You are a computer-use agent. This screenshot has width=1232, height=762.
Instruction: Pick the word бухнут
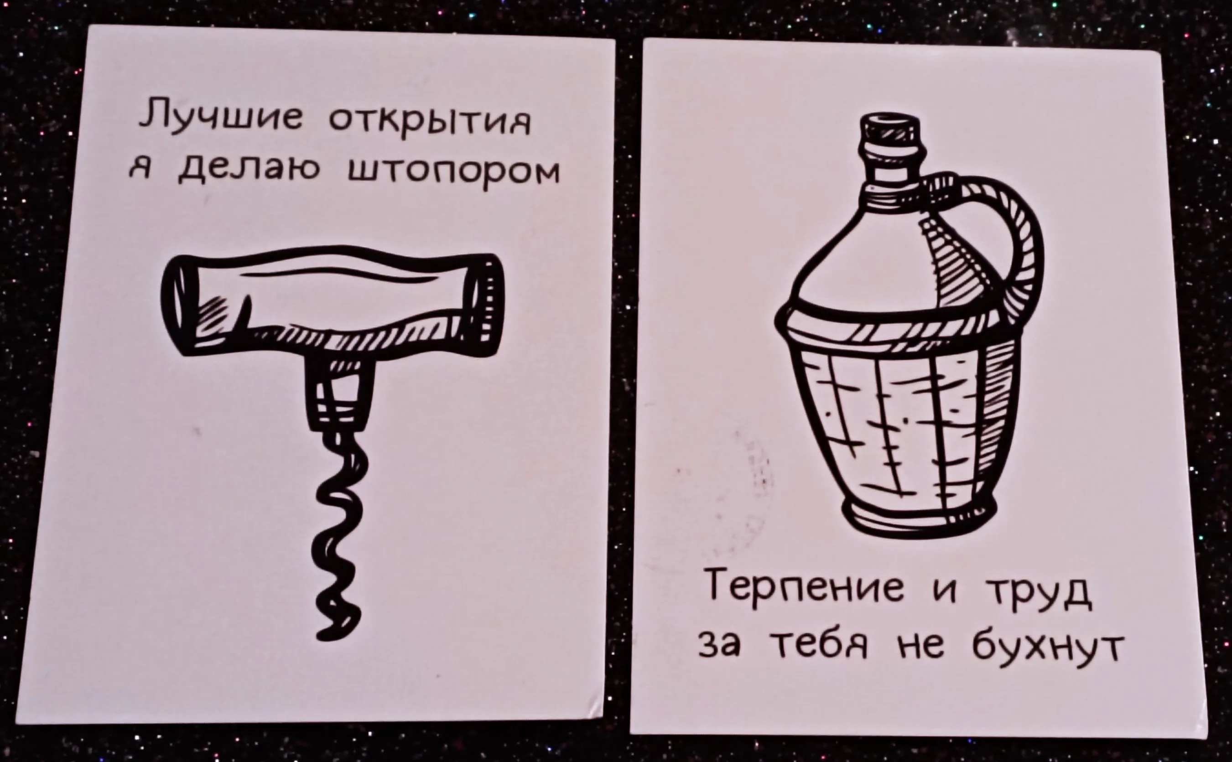1047,650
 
